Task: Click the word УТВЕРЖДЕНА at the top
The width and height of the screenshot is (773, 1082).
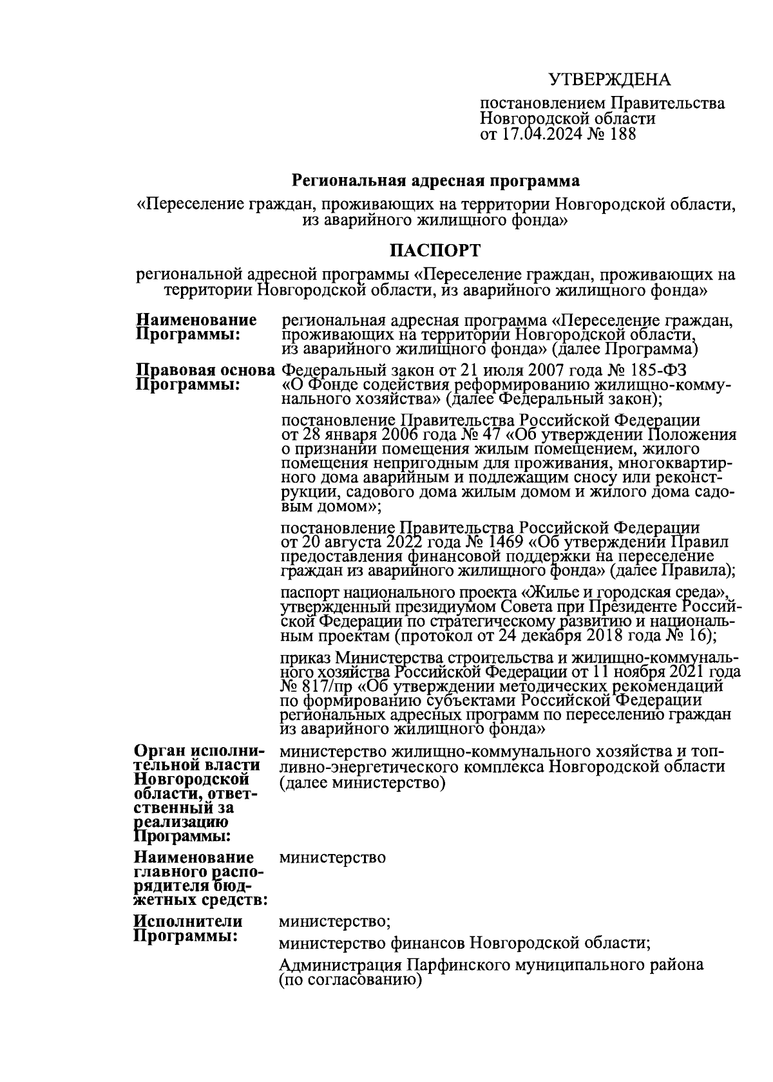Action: tap(609, 80)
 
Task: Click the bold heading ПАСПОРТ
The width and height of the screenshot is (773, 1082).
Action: tap(435, 249)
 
